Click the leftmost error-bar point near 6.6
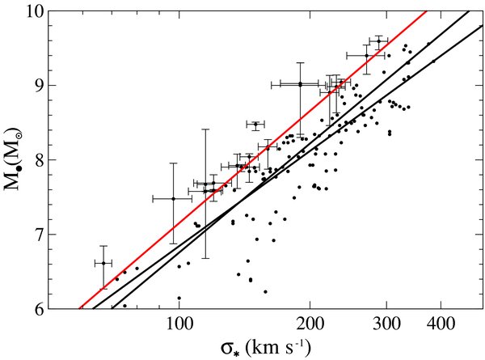(x=103, y=263)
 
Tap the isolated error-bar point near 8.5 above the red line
(x=255, y=125)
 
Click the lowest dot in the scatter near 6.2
(x=265, y=291)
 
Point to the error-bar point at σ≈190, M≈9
(x=300, y=84)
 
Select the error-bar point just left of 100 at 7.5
(x=172, y=198)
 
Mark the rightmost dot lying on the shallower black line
(x=434, y=61)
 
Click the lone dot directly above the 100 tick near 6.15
(x=179, y=298)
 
